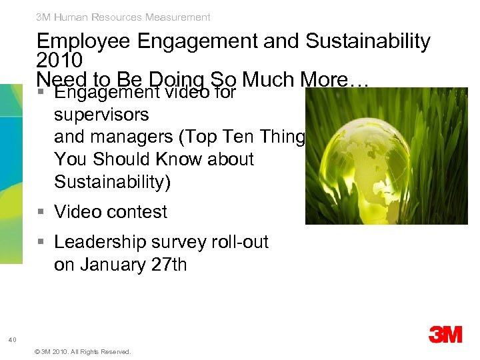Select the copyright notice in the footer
click(82, 351)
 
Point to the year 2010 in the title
click(60, 61)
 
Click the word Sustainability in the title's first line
click(367, 42)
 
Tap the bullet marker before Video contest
click(42, 212)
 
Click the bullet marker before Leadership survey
click(42, 242)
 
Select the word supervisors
click(101, 115)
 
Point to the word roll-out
click(239, 242)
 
